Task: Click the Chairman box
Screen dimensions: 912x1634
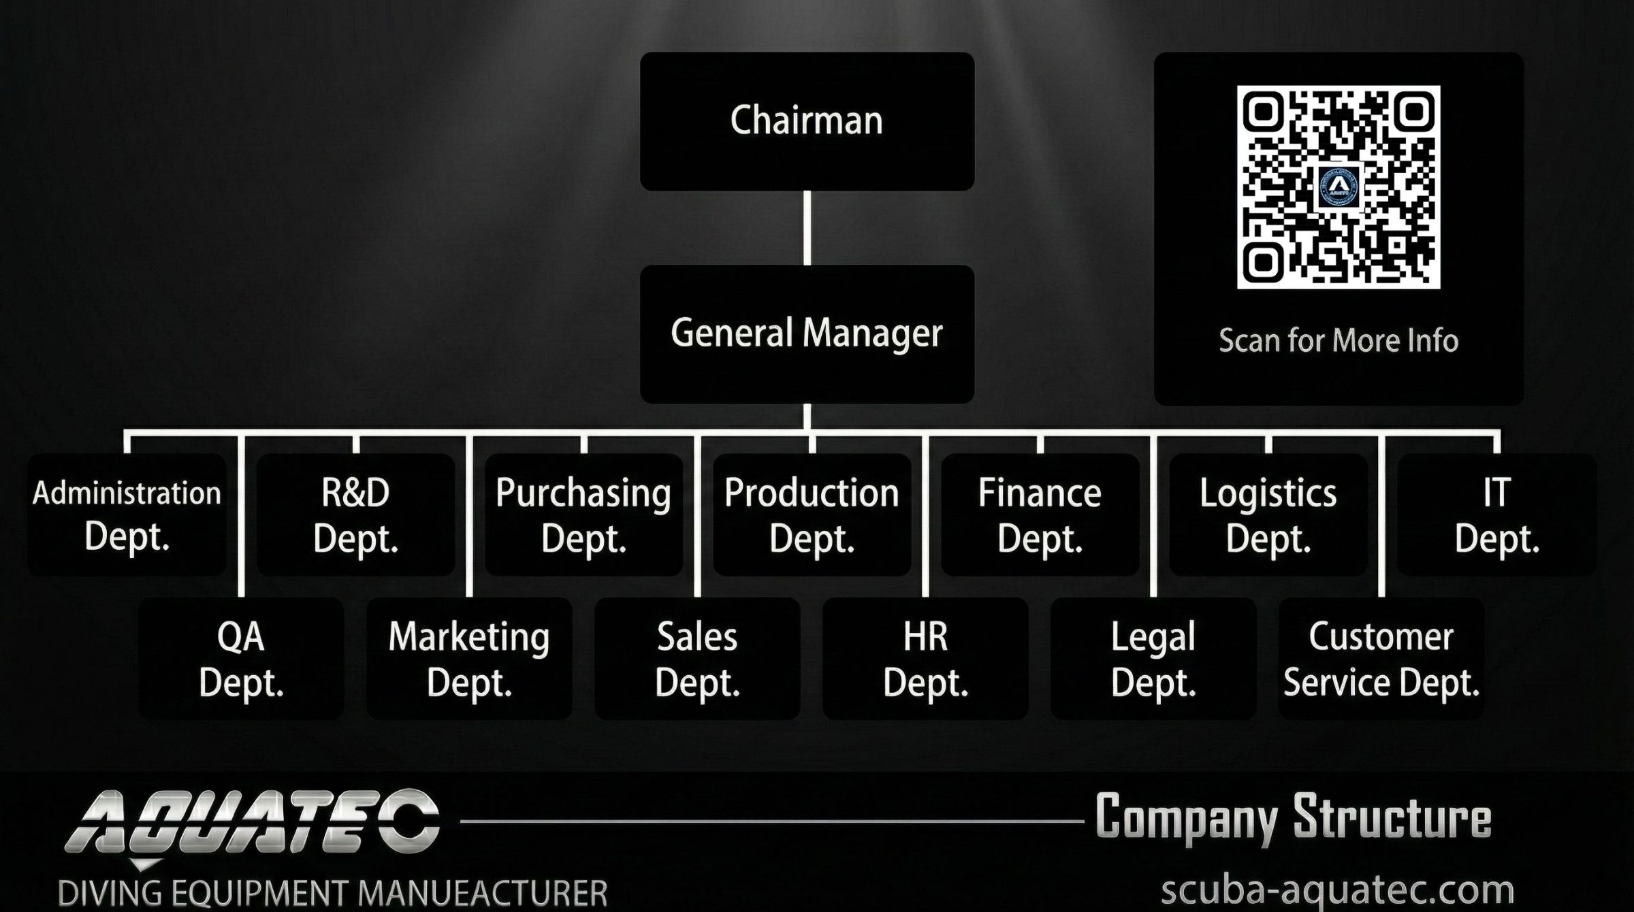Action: pyautogui.click(x=807, y=121)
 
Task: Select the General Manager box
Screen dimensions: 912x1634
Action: pyautogui.click(x=807, y=333)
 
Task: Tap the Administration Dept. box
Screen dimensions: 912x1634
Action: pyautogui.click(x=127, y=515)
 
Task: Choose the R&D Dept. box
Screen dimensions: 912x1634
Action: pyautogui.click(x=355, y=515)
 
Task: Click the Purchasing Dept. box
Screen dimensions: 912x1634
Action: pyautogui.click(x=583, y=515)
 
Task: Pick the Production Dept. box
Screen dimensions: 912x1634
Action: pyautogui.click(x=812, y=515)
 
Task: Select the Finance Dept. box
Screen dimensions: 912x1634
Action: pyautogui.click(x=1040, y=515)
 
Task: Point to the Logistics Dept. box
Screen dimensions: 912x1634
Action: pyautogui.click(x=1268, y=515)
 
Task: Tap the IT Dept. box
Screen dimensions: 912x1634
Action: pyautogui.click(x=1496, y=515)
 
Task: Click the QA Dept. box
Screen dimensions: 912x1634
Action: pyautogui.click(x=241, y=659)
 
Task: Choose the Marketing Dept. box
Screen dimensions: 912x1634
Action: pyautogui.click(x=469, y=659)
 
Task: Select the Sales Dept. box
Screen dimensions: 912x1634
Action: pyautogui.click(x=697, y=659)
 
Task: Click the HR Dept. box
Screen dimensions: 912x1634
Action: pyautogui.click(x=925, y=659)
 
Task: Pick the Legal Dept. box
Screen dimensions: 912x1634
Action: pyautogui.click(x=1153, y=659)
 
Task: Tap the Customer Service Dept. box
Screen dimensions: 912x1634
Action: pyautogui.click(x=1381, y=659)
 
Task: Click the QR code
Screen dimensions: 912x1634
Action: pyautogui.click(x=1338, y=186)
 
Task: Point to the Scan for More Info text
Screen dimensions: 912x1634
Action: pyautogui.click(x=1338, y=340)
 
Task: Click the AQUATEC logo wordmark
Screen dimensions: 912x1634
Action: pyautogui.click(x=252, y=822)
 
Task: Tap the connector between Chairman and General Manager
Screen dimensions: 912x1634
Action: pyautogui.click(x=807, y=227)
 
